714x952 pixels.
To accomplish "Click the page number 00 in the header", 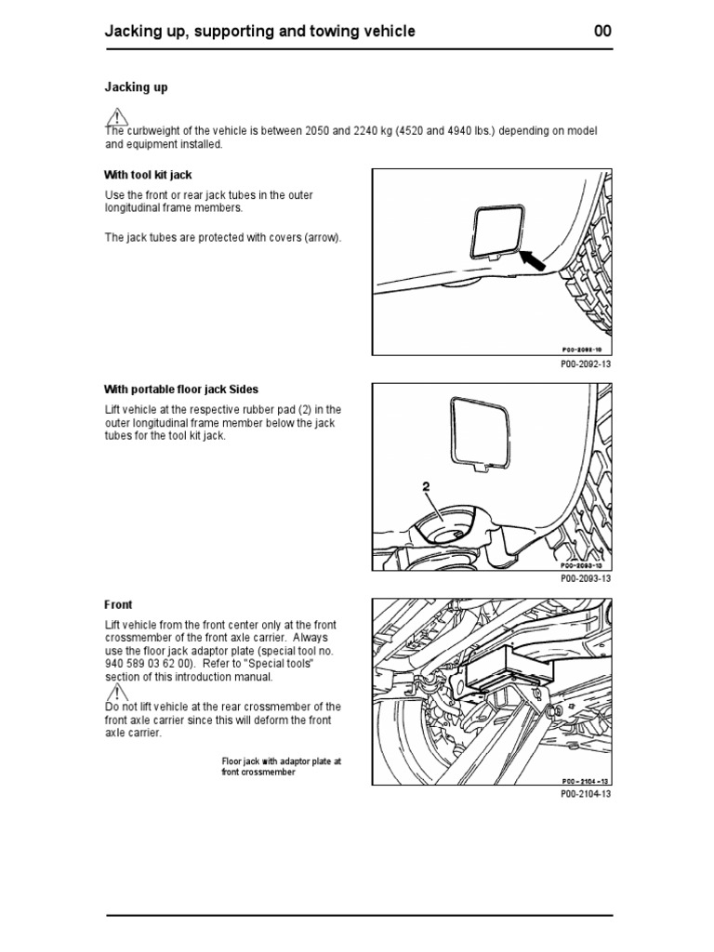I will (x=602, y=32).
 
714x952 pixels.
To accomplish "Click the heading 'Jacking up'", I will (x=136, y=87).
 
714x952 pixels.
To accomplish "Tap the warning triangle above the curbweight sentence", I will (x=116, y=117).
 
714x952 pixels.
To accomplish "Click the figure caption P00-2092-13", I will (x=586, y=364).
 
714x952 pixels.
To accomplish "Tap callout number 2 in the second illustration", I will (x=425, y=486).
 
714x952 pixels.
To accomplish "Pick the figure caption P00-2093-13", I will (x=586, y=578).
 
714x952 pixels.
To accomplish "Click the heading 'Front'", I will (x=118, y=604).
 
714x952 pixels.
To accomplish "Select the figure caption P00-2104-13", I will (x=586, y=794).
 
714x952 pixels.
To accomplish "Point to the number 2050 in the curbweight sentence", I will (x=319, y=131).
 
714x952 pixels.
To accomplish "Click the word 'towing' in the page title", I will (x=336, y=32).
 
